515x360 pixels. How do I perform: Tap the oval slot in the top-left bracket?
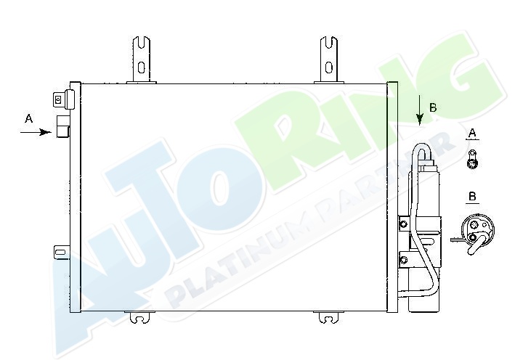pyautogui.click(x=141, y=67)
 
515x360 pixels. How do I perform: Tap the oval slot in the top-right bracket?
pyautogui.click(x=329, y=67)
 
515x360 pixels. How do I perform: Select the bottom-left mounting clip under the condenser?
pyautogui.click(x=139, y=317)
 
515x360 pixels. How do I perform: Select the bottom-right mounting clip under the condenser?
pyautogui.click(x=328, y=317)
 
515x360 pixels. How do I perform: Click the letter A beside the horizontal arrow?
pyautogui.click(x=29, y=118)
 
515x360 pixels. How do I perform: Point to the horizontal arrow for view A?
pyautogui.click(x=36, y=132)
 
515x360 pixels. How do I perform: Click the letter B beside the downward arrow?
pyautogui.click(x=433, y=107)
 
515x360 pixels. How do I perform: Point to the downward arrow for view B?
pyautogui.click(x=419, y=110)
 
